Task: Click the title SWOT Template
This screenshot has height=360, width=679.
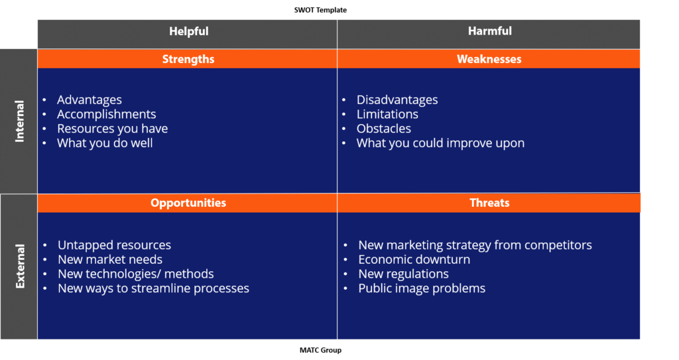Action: (320, 10)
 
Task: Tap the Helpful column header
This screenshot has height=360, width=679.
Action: (188, 31)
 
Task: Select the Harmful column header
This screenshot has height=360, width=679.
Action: (489, 31)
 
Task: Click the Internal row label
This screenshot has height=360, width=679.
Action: (19, 121)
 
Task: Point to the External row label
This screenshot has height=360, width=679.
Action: (20, 266)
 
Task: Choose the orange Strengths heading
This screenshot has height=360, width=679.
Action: (188, 59)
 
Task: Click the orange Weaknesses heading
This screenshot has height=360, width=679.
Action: (489, 59)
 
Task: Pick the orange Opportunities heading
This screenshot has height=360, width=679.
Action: (188, 203)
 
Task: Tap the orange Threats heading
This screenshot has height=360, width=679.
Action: (489, 203)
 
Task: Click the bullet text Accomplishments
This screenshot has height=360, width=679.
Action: (106, 114)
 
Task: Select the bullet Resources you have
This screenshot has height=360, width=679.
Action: (112, 129)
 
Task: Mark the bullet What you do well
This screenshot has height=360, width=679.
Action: (105, 143)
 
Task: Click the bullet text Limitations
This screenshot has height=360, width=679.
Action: (387, 114)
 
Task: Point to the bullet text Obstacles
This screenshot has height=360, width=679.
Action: (383, 129)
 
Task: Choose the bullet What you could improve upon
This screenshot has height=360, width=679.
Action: (440, 143)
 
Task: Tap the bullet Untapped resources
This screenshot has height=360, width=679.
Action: (114, 245)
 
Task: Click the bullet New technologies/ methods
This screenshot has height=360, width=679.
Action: (135, 274)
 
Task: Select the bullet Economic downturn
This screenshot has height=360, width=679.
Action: (414, 259)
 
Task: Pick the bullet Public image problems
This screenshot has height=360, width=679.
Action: (422, 288)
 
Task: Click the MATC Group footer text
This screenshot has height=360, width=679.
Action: (320, 349)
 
